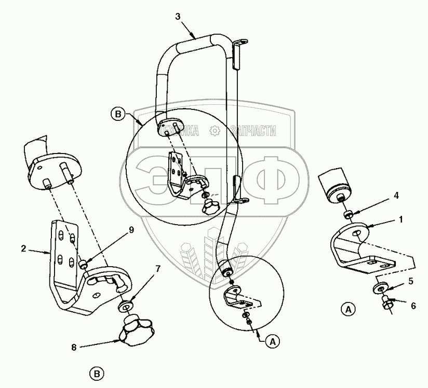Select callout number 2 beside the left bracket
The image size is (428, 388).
tap(24, 248)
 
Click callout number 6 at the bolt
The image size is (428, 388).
tap(413, 306)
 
